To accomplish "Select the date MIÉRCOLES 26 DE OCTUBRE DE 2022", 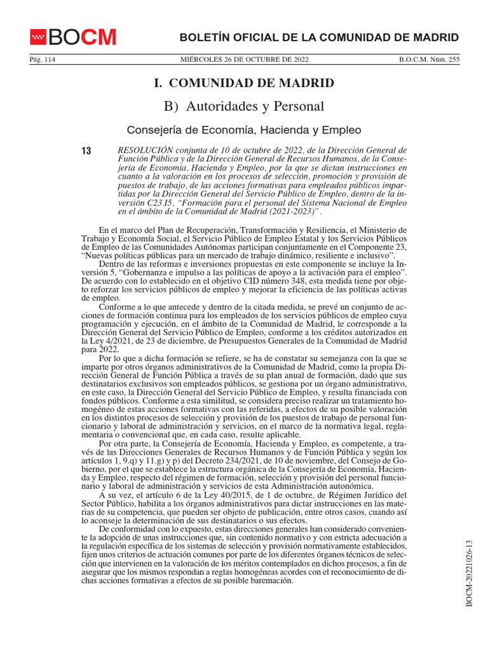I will pyautogui.click(x=245, y=60).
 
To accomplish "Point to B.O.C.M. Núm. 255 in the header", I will pyautogui.click(x=429, y=60).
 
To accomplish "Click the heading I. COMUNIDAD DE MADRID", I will pyautogui.click(x=245, y=83).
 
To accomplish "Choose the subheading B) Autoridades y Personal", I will pyautogui.click(x=244, y=106).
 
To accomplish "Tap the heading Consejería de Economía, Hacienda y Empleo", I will pyautogui.click(x=245, y=130).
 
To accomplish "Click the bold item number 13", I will pyautogui.click(x=86, y=151).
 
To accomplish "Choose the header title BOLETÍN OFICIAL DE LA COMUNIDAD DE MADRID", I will pyautogui.click(x=320, y=37).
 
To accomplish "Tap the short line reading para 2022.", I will pyautogui.click(x=99, y=348).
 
